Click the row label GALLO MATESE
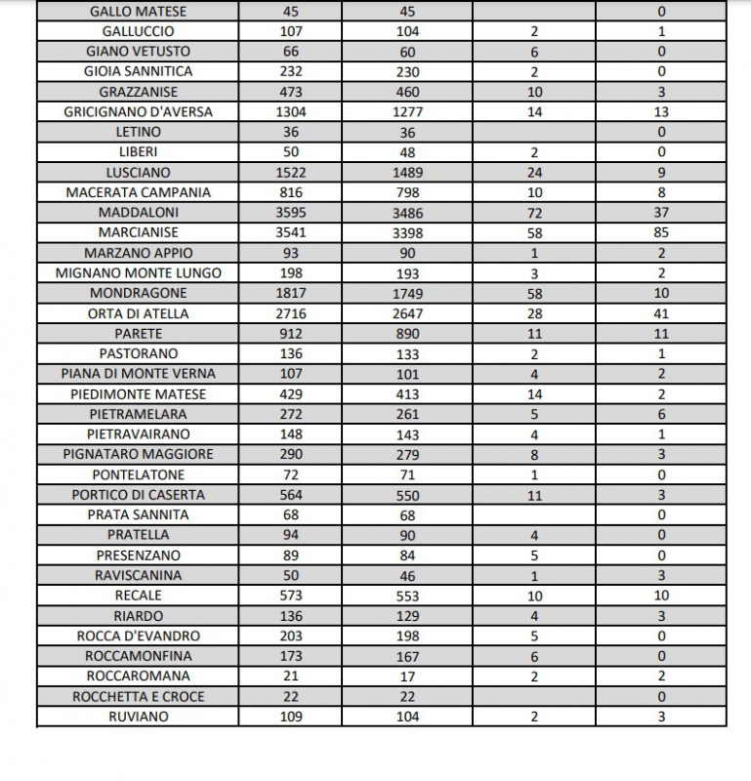click(138, 12)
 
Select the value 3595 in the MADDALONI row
click(291, 212)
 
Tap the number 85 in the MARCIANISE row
click(661, 232)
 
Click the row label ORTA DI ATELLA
click(138, 313)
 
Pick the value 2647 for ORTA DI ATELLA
click(407, 313)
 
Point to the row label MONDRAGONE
click(138, 293)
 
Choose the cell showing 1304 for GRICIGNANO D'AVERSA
click(291, 111)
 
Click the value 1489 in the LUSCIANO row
click(407, 172)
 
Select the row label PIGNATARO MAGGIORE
click(138, 454)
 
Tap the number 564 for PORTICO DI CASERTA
click(291, 494)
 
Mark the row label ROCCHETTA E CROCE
click(138, 696)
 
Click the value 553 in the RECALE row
click(407, 596)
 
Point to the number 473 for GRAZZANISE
click(291, 92)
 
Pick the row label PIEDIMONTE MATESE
click(138, 393)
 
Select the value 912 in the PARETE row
click(291, 333)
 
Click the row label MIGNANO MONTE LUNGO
click(138, 272)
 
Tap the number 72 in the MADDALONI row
click(533, 212)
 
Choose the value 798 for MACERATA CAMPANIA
click(407, 192)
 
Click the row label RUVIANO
click(138, 717)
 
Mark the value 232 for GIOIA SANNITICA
click(291, 71)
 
